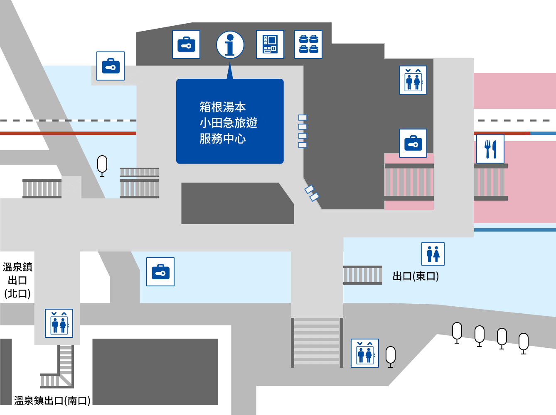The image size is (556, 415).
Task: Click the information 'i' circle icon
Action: click(230, 45)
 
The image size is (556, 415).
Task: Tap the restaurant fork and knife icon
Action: click(490, 149)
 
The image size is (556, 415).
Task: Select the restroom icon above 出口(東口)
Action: click(433, 254)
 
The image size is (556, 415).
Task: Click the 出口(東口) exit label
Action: click(416, 276)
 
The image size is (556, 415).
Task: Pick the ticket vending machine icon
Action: click(270, 44)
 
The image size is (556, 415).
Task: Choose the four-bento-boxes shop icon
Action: click(308, 44)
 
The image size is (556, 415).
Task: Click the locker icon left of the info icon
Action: click(186, 44)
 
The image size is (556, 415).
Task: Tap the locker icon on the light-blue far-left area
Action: click(111, 66)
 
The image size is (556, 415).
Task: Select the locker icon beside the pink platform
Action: click(413, 143)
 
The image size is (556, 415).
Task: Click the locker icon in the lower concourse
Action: click(160, 272)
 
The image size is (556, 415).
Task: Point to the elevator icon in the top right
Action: click(413, 80)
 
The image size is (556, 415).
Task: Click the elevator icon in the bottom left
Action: click(59, 323)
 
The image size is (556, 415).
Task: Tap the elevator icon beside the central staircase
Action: click(365, 353)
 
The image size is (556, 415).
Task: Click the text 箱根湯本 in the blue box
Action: click(223, 107)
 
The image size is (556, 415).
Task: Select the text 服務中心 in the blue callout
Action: click(223, 139)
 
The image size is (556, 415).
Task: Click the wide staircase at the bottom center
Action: click(317, 342)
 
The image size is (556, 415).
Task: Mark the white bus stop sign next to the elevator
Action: click(391, 356)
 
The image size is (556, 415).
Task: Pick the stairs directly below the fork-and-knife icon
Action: click(490, 182)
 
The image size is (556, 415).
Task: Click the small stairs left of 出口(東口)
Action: click(363, 275)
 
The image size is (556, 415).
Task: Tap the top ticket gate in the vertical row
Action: click(303, 118)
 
